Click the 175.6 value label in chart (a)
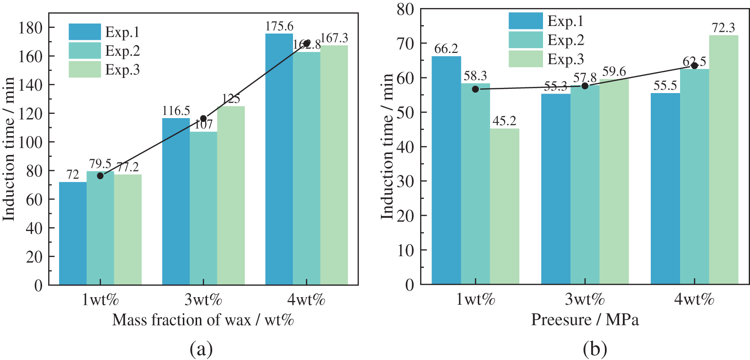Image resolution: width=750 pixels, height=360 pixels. [x=279, y=26]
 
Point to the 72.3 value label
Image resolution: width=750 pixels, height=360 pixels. [x=724, y=28]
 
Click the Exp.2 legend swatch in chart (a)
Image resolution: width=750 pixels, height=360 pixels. [x=85, y=51]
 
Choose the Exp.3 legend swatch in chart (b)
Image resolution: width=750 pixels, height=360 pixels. [x=526, y=59]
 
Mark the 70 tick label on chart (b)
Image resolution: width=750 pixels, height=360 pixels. [x=405, y=43]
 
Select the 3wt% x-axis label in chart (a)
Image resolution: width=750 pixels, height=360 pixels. [x=203, y=300]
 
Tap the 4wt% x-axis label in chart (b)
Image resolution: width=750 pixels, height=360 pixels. [x=694, y=300]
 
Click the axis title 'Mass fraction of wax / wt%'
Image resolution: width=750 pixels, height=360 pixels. [x=203, y=320]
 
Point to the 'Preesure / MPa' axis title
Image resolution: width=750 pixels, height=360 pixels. [x=585, y=320]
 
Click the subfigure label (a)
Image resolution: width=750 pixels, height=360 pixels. [x=201, y=349]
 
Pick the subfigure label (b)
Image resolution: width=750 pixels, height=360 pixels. [x=595, y=349]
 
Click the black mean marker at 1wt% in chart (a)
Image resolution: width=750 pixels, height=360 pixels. [x=100, y=176]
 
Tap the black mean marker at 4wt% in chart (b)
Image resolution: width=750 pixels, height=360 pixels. [x=694, y=66]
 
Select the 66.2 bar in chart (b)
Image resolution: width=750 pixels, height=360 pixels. [x=446, y=170]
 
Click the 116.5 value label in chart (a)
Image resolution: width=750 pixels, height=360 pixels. [x=176, y=111]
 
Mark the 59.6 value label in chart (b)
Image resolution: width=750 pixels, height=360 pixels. [x=614, y=72]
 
